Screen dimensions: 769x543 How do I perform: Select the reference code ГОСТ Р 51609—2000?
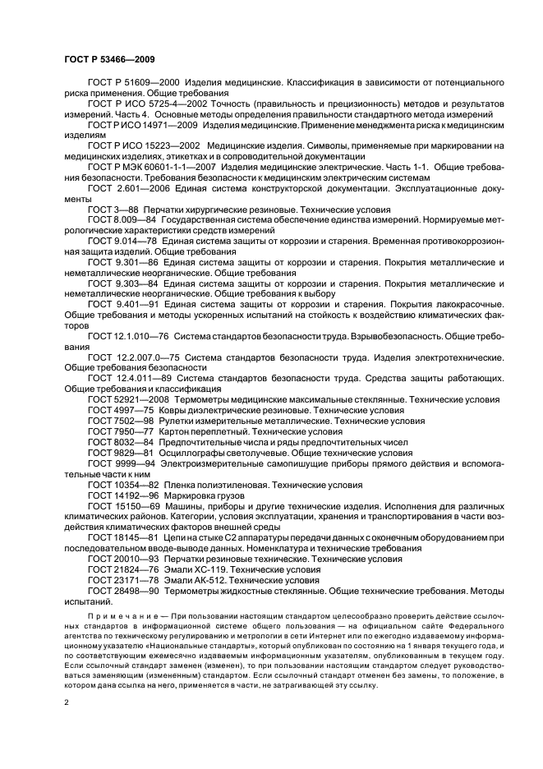click(x=132, y=83)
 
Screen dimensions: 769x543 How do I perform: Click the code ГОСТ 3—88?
click(x=113, y=211)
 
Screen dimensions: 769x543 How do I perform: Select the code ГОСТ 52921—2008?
click(x=129, y=398)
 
